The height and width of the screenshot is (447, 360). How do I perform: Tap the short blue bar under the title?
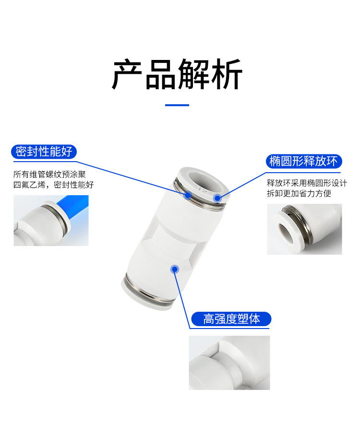[x=177, y=105]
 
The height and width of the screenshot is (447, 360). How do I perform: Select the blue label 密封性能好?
[x=44, y=152]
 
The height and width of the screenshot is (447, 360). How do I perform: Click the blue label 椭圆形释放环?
[x=303, y=161]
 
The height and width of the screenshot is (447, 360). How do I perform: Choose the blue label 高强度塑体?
[x=231, y=319]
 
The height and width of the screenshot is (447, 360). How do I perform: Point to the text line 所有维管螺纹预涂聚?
[x=49, y=174]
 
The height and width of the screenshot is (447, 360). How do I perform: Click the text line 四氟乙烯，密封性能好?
[x=53, y=185]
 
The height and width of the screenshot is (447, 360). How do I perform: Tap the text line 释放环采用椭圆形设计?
[x=307, y=183]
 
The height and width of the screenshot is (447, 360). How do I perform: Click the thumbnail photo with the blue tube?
[x=51, y=220]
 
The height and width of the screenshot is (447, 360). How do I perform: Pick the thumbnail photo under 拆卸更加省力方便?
[x=304, y=229]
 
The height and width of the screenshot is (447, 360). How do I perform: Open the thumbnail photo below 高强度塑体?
[x=229, y=362]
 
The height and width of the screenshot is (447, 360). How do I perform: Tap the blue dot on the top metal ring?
[x=188, y=195]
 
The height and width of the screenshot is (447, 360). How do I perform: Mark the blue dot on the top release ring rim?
[x=217, y=197]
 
